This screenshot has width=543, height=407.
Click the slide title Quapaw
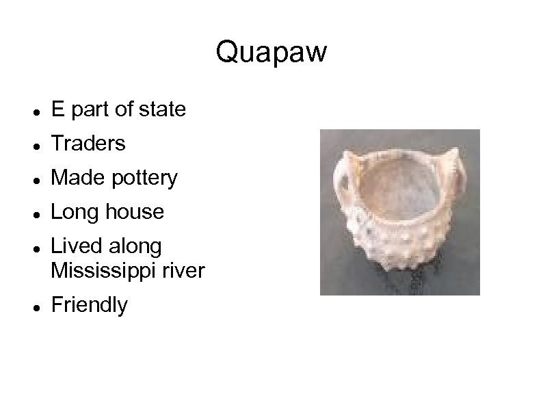271,52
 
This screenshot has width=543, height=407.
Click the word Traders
88,144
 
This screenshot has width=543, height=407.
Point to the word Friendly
89,305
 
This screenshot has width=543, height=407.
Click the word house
135,212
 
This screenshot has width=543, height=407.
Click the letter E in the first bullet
58,109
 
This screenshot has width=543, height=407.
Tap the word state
162,109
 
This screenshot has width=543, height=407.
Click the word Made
76,178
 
